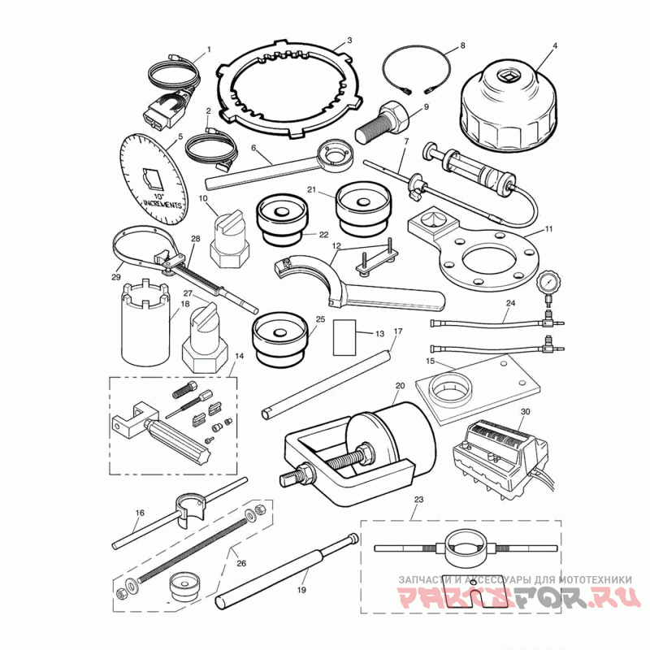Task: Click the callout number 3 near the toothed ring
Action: click(x=349, y=40)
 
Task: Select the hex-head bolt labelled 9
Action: click(x=383, y=123)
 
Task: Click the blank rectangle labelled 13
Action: click(x=344, y=337)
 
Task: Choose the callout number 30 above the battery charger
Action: click(x=525, y=412)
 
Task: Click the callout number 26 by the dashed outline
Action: click(x=241, y=563)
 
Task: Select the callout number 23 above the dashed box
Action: click(x=418, y=500)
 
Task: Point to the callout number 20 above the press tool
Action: click(x=400, y=386)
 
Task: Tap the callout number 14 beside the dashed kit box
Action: click(x=239, y=356)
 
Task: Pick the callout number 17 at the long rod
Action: click(x=398, y=331)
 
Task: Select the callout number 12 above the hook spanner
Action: click(x=336, y=246)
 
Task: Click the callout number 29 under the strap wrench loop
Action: click(x=116, y=277)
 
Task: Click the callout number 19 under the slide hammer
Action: click(x=301, y=589)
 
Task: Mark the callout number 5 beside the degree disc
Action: click(x=180, y=136)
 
